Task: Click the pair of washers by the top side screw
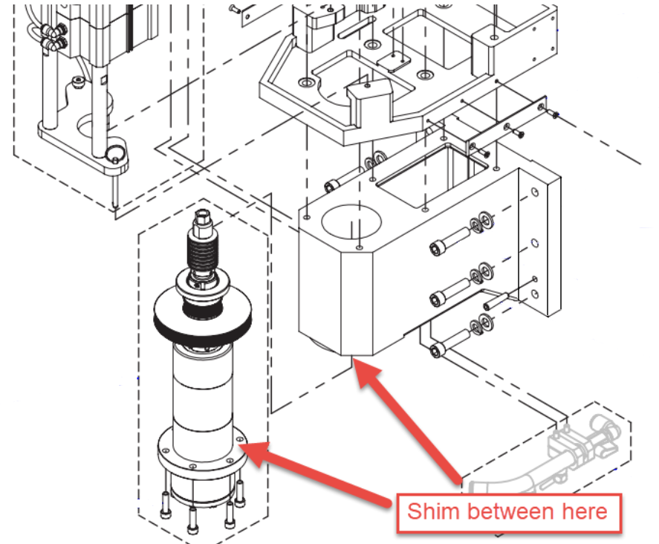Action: (x=479, y=221)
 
